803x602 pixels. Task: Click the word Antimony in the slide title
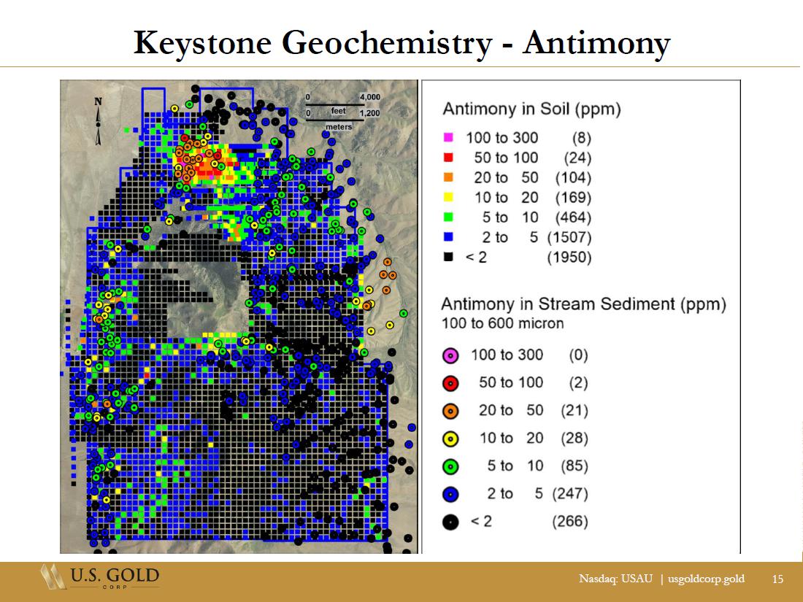tap(596, 43)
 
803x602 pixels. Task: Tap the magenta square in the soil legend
tap(448, 138)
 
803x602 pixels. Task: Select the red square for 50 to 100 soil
tap(448, 158)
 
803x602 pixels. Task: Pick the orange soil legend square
tap(448, 177)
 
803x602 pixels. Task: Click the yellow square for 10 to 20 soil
tap(448, 198)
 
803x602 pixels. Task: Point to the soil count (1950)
tap(569, 257)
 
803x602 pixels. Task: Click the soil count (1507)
tap(569, 237)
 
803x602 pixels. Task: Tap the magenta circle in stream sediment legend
tap(450, 355)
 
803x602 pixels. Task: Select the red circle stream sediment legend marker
tap(450, 383)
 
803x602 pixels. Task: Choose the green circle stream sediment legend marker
tap(450, 466)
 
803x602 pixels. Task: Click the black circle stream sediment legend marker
tap(450, 522)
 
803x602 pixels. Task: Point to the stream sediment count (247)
tap(570, 493)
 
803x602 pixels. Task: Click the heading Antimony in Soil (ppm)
tap(531, 109)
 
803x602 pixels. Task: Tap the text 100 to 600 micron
tap(502, 323)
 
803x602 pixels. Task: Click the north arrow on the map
tap(98, 122)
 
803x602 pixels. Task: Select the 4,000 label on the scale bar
tap(370, 97)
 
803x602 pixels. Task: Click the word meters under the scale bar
tap(339, 126)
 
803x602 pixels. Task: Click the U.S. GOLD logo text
tap(115, 575)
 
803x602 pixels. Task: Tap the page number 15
tap(777, 579)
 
